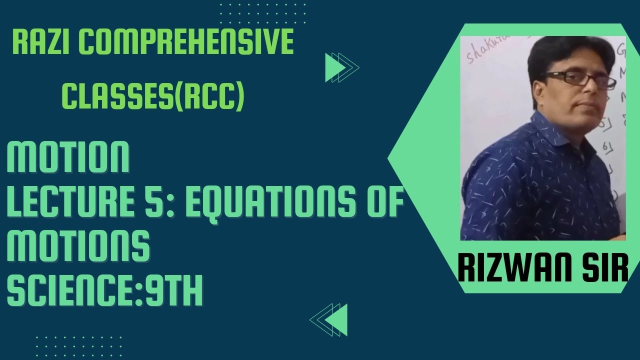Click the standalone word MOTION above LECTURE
click(68, 157)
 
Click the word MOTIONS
click(78, 247)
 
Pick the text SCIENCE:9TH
click(104, 291)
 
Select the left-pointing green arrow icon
click(329, 319)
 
